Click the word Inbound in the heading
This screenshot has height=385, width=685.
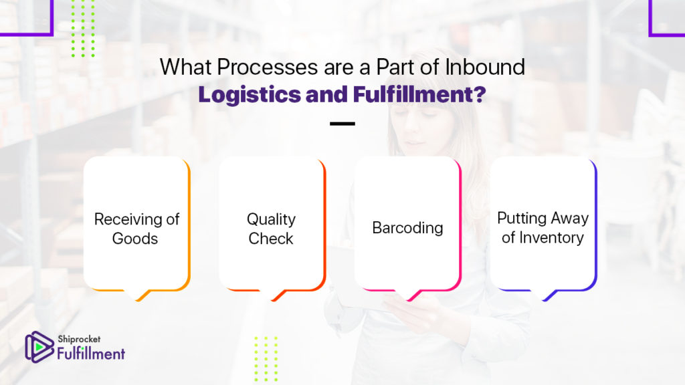(485, 68)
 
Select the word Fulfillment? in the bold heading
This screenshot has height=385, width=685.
(419, 94)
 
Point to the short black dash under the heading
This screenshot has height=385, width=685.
(342, 124)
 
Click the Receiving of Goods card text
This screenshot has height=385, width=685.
(136, 229)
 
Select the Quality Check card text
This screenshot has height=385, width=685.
(271, 229)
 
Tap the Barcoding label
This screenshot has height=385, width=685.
(407, 228)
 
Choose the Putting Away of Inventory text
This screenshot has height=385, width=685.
(543, 227)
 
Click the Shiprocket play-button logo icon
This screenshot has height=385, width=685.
(38, 347)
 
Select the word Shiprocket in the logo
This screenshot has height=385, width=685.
(79, 339)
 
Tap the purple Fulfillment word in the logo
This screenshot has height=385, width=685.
(91, 353)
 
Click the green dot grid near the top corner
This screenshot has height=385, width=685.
(83, 28)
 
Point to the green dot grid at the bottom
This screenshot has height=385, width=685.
(266, 359)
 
